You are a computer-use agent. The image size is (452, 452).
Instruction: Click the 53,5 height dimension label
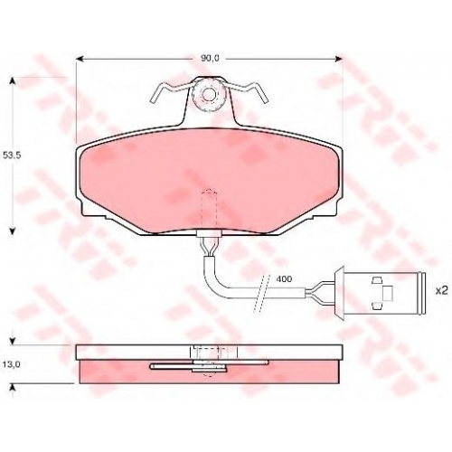12,155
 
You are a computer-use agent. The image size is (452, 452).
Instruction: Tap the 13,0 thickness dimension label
12,364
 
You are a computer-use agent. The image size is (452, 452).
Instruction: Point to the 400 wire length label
284,279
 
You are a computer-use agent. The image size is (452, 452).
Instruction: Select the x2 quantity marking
442,291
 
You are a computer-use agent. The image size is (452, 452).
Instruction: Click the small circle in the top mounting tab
208,95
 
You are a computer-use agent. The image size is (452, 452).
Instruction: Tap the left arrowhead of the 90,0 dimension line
80,59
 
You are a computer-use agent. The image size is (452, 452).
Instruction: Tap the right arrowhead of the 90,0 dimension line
339,59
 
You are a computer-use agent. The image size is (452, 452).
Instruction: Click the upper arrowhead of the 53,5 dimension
13,80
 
